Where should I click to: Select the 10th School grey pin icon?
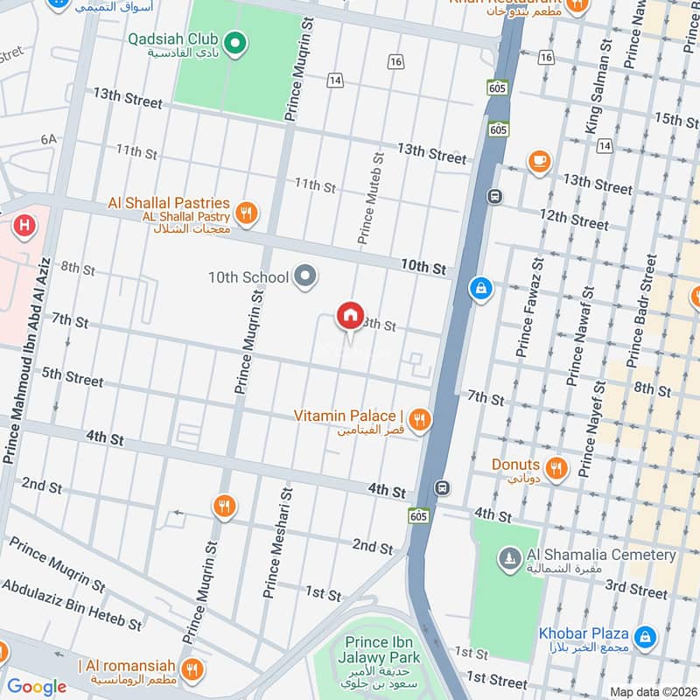point(304,276)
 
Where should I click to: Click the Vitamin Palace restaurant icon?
point(420,421)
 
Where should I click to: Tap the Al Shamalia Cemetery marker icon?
point(509,556)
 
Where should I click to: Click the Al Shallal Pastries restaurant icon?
point(248,211)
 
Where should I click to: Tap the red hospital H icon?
point(25,225)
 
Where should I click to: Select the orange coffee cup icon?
point(539,160)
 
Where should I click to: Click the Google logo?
point(37,687)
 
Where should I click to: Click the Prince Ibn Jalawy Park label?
point(382,650)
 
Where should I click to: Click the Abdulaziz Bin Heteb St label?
point(72,607)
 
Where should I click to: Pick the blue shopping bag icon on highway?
point(480,287)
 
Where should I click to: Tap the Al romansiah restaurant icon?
point(192,670)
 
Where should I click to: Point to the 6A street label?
point(48,139)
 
